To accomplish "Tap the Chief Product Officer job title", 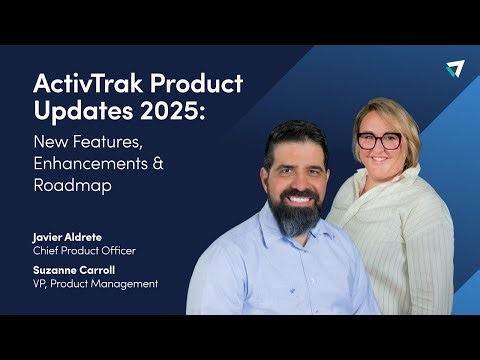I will [83, 250].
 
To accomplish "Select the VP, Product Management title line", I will [94, 284].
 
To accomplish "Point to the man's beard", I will [295, 214].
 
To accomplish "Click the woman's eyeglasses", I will [379, 140].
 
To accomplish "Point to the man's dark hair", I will [295, 135].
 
